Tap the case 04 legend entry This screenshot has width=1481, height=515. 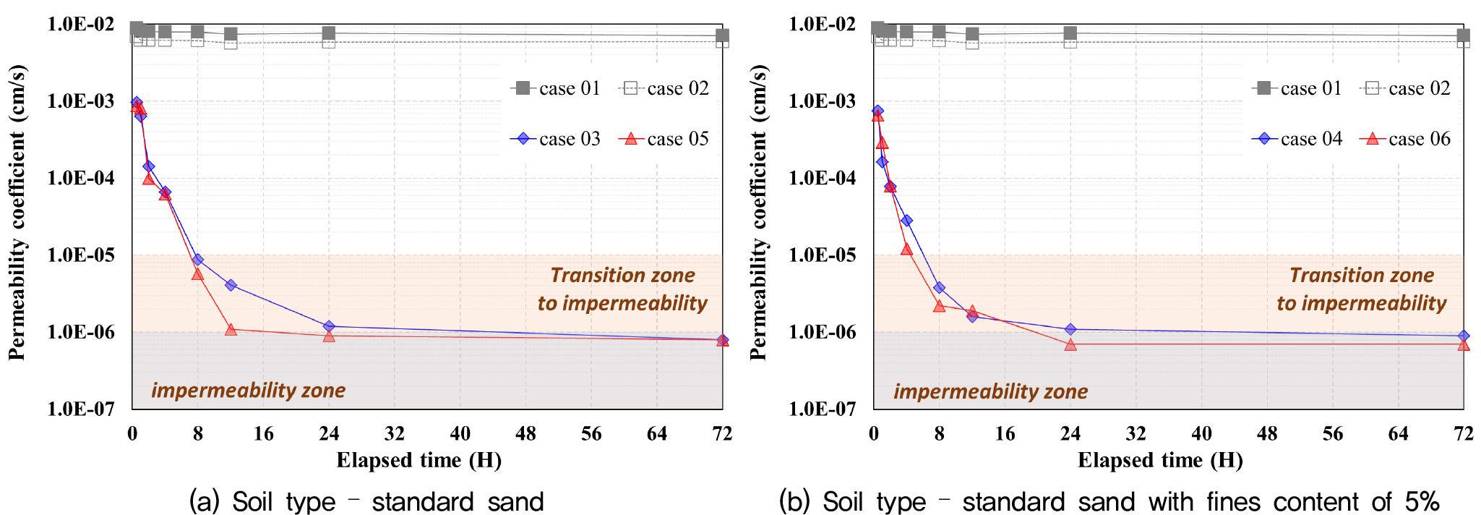1298,139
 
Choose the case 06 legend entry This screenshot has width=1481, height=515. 1407,139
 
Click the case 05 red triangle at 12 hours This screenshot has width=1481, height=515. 231,330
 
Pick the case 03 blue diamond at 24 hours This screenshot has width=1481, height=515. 329,326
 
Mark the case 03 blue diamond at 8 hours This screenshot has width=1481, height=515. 197,260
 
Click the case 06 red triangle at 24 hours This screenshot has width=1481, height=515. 1070,344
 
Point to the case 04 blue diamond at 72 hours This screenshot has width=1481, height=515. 1464,336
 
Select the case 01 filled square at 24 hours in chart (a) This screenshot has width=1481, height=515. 329,33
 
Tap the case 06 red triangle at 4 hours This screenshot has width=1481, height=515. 906,250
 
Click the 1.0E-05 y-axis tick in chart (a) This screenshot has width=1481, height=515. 81,255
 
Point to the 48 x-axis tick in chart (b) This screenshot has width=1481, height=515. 1267,434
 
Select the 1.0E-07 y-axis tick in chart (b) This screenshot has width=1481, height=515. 823,409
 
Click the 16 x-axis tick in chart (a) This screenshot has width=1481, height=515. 263,434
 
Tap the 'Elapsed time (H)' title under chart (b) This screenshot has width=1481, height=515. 1160,461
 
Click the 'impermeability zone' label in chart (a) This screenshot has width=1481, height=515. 248,391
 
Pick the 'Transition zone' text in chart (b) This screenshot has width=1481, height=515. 1362,276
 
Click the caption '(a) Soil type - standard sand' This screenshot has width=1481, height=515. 366,501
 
